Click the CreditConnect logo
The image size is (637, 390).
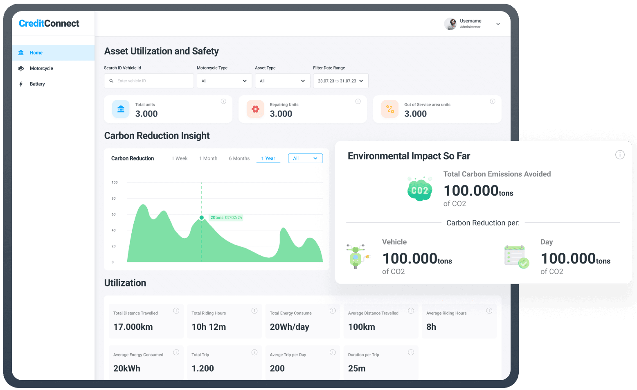pyautogui.click(x=49, y=24)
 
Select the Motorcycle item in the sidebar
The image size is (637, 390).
pyautogui.click(x=41, y=68)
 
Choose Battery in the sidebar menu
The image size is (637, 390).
pyautogui.click(x=37, y=84)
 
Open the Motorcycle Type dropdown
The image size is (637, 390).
pyautogui.click(x=224, y=81)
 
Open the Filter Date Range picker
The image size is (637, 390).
pyautogui.click(x=340, y=81)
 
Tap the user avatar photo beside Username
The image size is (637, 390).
pyautogui.click(x=450, y=24)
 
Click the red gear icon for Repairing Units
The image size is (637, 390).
pyautogui.click(x=255, y=109)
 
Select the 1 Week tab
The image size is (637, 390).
pyautogui.click(x=180, y=158)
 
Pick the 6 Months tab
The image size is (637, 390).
pyautogui.click(x=239, y=158)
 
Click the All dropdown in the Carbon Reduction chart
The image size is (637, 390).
pyautogui.click(x=305, y=158)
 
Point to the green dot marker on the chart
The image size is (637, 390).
pyautogui.click(x=202, y=218)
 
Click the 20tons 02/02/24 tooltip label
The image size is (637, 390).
pyautogui.click(x=226, y=218)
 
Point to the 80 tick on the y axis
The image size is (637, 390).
pyautogui.click(x=114, y=198)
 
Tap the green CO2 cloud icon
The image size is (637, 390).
pyautogui.click(x=420, y=189)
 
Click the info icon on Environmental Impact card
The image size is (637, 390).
pyautogui.click(x=620, y=155)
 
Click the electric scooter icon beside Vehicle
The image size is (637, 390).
pyautogui.click(x=357, y=257)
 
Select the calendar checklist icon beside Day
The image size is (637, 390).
pyautogui.click(x=516, y=257)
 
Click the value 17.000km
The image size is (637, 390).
pyautogui.click(x=133, y=327)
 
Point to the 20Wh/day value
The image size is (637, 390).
pyautogui.click(x=289, y=327)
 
